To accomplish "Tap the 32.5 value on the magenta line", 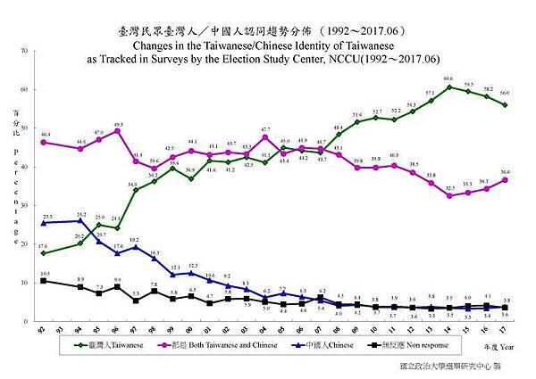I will click(x=449, y=187).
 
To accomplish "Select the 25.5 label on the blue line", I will click(x=47, y=217).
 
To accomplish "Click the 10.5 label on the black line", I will click(x=45, y=274).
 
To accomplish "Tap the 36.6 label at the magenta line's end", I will click(x=506, y=172).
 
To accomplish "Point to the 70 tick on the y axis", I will click(x=27, y=52).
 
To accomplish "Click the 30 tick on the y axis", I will click(x=27, y=205).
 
